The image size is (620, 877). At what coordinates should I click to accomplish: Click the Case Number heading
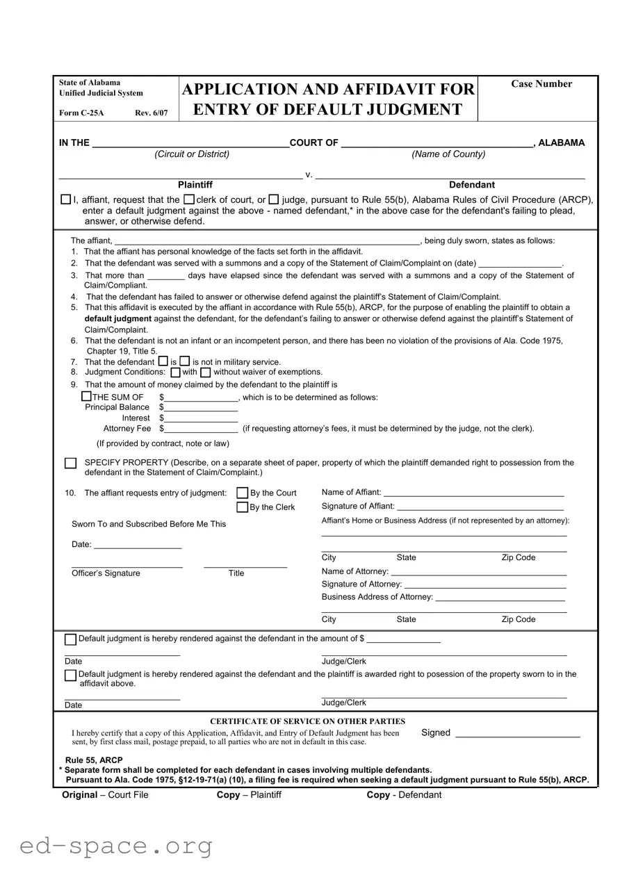click(541, 84)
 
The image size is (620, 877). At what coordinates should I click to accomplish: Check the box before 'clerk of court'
click(189, 200)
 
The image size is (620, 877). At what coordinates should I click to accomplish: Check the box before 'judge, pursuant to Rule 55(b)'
click(274, 200)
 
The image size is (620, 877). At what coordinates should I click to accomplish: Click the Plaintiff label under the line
click(195, 185)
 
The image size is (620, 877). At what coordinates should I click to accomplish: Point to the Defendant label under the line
click(472, 185)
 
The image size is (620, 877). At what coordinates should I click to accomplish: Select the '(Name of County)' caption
click(448, 154)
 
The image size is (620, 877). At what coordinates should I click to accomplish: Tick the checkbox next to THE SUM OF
click(86, 396)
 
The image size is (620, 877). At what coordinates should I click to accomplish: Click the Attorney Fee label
click(127, 429)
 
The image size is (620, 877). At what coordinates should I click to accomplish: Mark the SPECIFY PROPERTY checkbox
click(70, 464)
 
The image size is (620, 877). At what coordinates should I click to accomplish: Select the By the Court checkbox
click(243, 493)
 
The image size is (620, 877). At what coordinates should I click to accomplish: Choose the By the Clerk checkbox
click(243, 507)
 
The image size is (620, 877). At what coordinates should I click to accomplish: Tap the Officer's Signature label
click(106, 573)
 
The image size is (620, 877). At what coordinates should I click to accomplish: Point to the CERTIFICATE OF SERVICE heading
click(307, 721)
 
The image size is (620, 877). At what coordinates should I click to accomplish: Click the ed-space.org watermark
click(116, 846)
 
